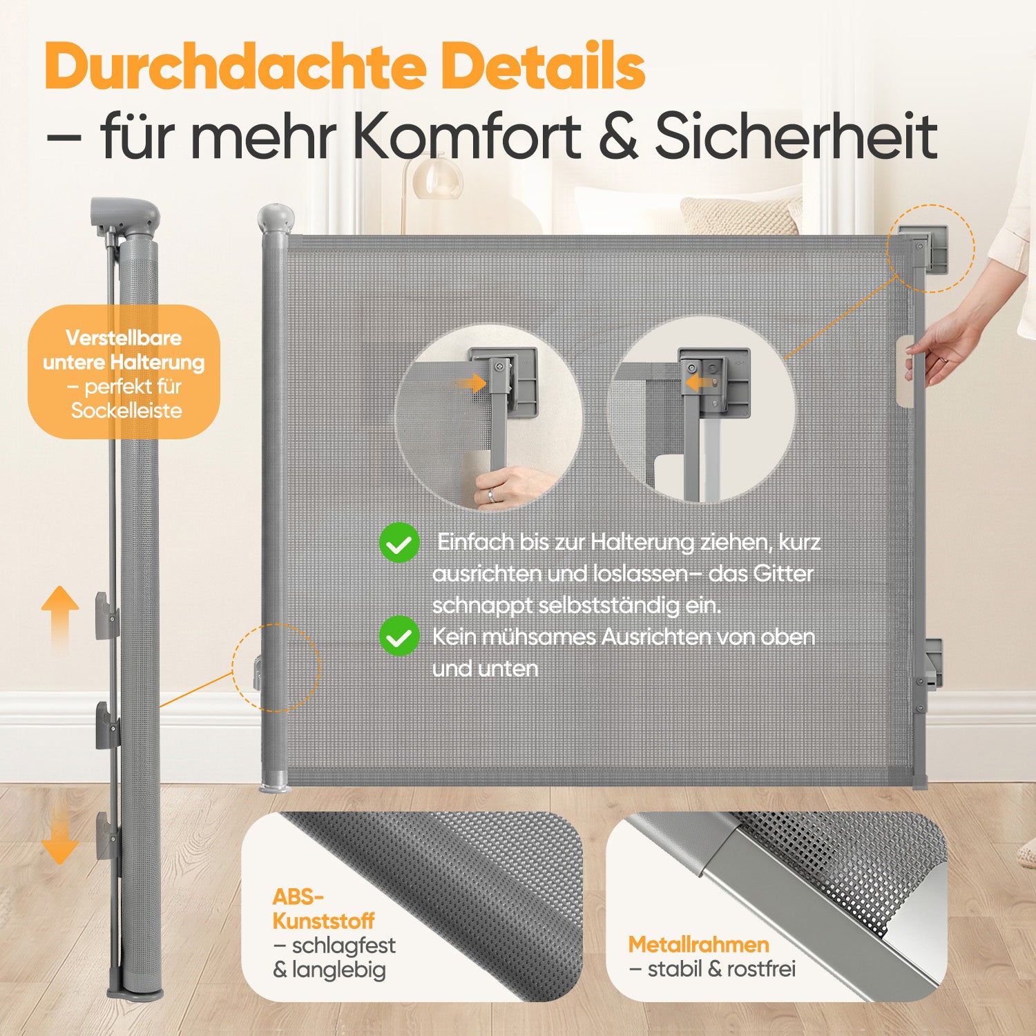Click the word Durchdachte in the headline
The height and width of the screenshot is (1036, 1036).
(236, 66)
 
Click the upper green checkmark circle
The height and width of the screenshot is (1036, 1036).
(399, 543)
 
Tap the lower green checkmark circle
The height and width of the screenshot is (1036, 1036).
(399, 636)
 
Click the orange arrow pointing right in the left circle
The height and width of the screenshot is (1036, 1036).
(470, 383)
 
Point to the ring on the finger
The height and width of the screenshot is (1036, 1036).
(491, 495)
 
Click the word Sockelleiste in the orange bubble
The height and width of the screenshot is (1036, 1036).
(126, 411)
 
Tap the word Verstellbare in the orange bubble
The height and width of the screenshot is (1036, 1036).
(124, 338)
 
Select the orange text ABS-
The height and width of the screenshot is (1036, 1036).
(298, 896)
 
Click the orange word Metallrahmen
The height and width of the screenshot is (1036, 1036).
(698, 944)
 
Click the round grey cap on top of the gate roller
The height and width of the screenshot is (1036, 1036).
(276, 218)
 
